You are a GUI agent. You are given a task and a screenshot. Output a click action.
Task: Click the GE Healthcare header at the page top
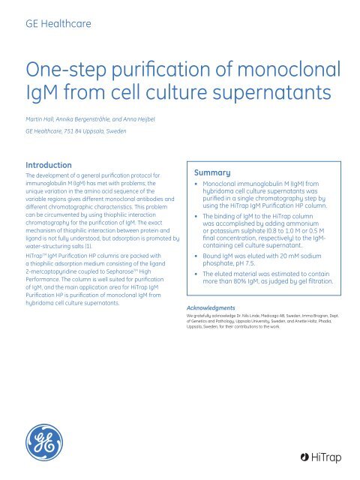[x=59, y=24]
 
